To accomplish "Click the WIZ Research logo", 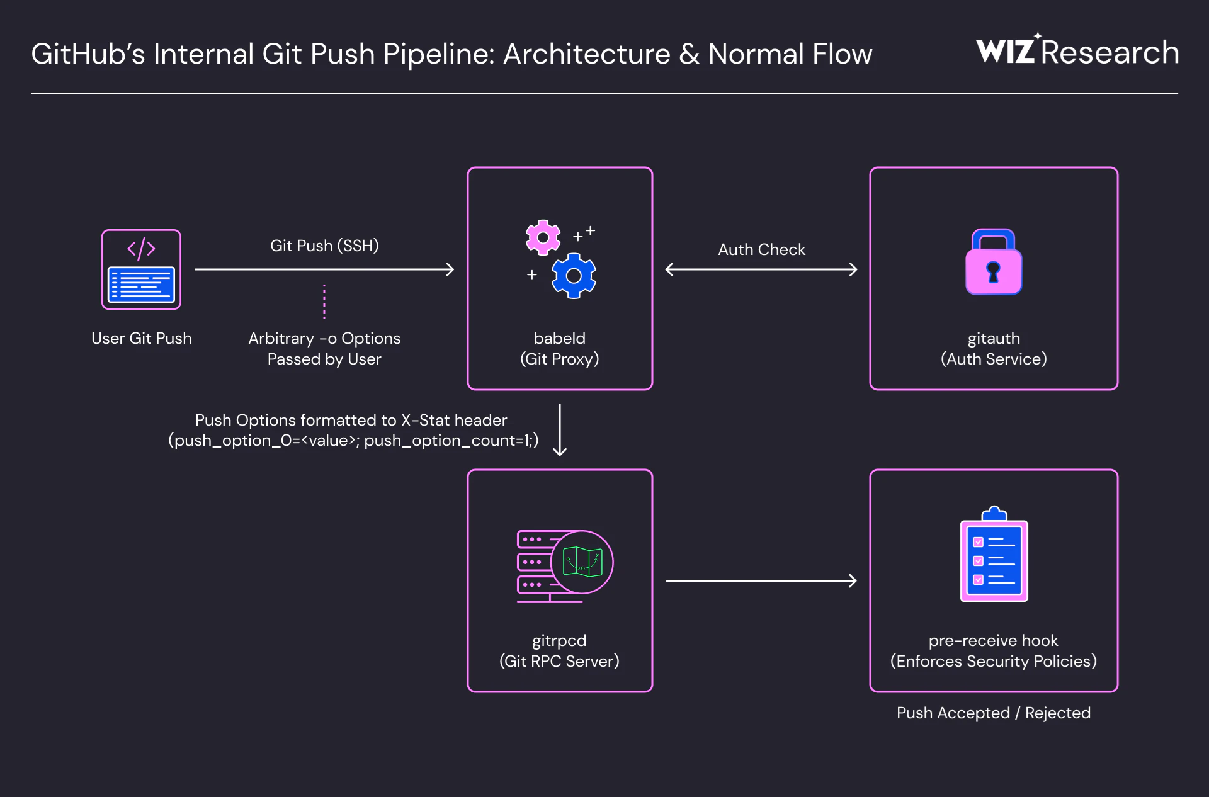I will coord(1077,52).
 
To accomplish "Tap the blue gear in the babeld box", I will coord(574,276).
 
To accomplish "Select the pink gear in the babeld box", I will coord(543,237).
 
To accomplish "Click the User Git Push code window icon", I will coord(142,269).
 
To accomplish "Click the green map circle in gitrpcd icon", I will coord(582,562).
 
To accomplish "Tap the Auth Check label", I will coord(761,249).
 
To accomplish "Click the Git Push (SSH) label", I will coord(324,246).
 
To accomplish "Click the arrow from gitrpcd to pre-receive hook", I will coord(761,580).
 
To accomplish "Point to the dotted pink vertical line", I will coord(324,301).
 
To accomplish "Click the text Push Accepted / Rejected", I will coord(993,713).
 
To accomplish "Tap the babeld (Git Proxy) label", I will coord(559,348).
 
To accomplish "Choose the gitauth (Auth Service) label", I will coord(994,348).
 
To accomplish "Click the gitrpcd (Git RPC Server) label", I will coord(559,650).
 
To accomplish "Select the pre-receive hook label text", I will coord(993,641).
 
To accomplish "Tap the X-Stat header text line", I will coord(351,420).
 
